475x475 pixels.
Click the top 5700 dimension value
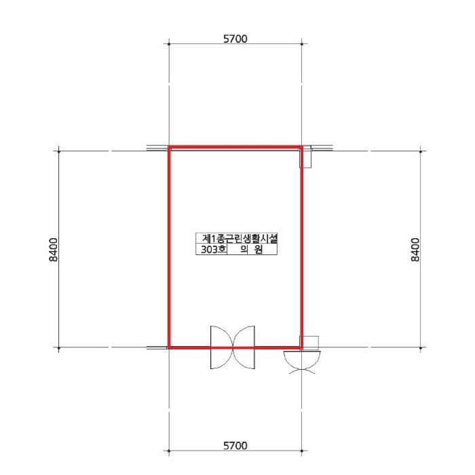click(x=235, y=39)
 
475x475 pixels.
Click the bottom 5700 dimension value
click(x=235, y=446)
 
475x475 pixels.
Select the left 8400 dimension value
click(x=53, y=250)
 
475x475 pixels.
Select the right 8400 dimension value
click(x=415, y=250)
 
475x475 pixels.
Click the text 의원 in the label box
click(x=252, y=250)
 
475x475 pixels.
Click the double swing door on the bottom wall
click(x=233, y=347)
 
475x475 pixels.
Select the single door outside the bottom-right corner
click(x=302, y=360)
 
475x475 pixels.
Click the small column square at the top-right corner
click(x=305, y=157)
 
